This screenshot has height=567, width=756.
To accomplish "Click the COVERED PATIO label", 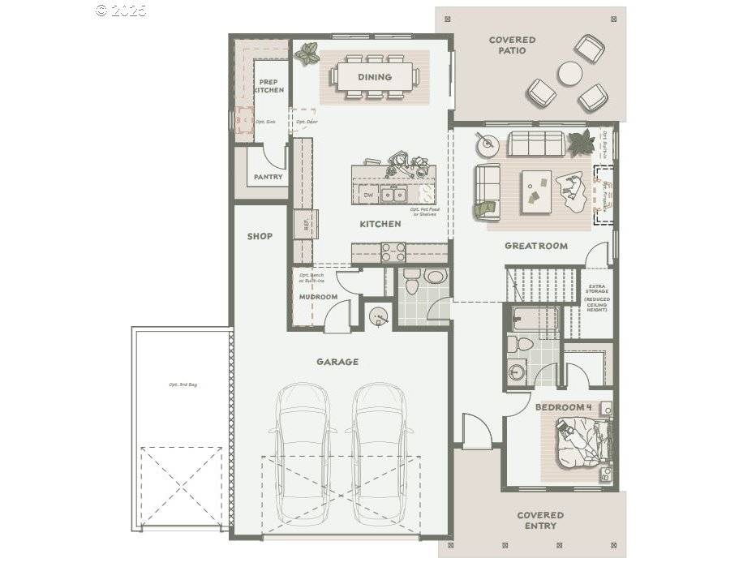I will click(512, 45).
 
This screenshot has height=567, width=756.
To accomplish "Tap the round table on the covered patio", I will click(569, 74).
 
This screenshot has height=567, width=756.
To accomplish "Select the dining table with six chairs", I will click(374, 77).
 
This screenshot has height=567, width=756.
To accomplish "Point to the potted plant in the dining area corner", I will click(307, 54).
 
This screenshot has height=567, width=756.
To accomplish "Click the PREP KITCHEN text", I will click(268, 86).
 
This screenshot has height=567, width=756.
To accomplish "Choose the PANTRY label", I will click(268, 177).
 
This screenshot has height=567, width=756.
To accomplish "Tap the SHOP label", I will click(260, 237).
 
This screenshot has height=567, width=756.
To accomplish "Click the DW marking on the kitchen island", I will click(368, 195).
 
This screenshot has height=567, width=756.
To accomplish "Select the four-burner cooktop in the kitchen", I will click(393, 252).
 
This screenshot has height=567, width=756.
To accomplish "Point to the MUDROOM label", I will click(318, 297).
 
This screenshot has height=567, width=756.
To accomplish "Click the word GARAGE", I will click(337, 362).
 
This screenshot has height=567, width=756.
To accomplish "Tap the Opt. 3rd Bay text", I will click(183, 384).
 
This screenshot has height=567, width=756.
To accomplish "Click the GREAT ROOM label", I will click(535, 246).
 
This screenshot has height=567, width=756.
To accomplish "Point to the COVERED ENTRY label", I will click(540, 520).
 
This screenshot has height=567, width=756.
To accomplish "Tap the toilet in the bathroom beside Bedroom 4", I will click(524, 344).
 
